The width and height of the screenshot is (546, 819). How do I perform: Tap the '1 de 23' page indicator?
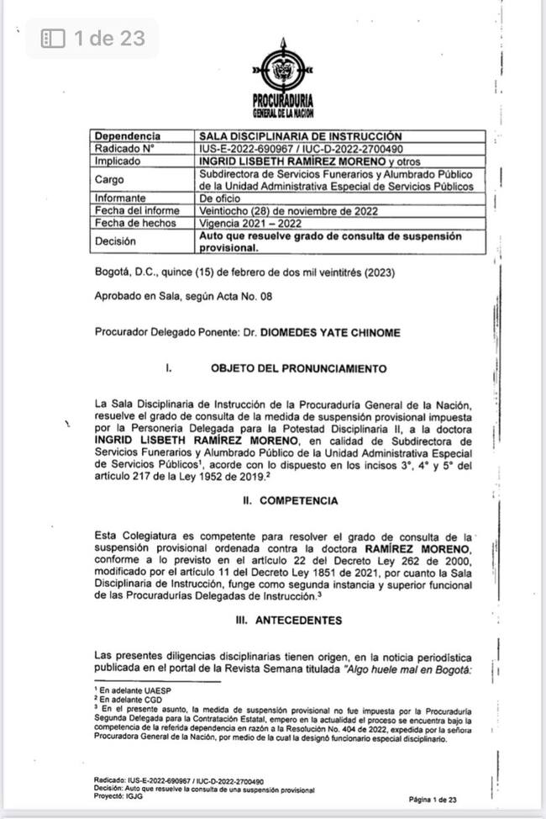point(93,38)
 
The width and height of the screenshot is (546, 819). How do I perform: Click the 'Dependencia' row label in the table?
point(128,136)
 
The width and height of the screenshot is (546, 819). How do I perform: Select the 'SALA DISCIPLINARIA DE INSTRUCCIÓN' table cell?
point(300,136)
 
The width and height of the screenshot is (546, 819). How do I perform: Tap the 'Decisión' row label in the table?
point(116,241)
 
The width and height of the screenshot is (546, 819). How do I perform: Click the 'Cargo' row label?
point(109,179)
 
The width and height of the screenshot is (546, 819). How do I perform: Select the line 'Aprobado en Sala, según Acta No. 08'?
point(183,296)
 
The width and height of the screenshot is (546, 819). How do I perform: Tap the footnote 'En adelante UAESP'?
point(123,689)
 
